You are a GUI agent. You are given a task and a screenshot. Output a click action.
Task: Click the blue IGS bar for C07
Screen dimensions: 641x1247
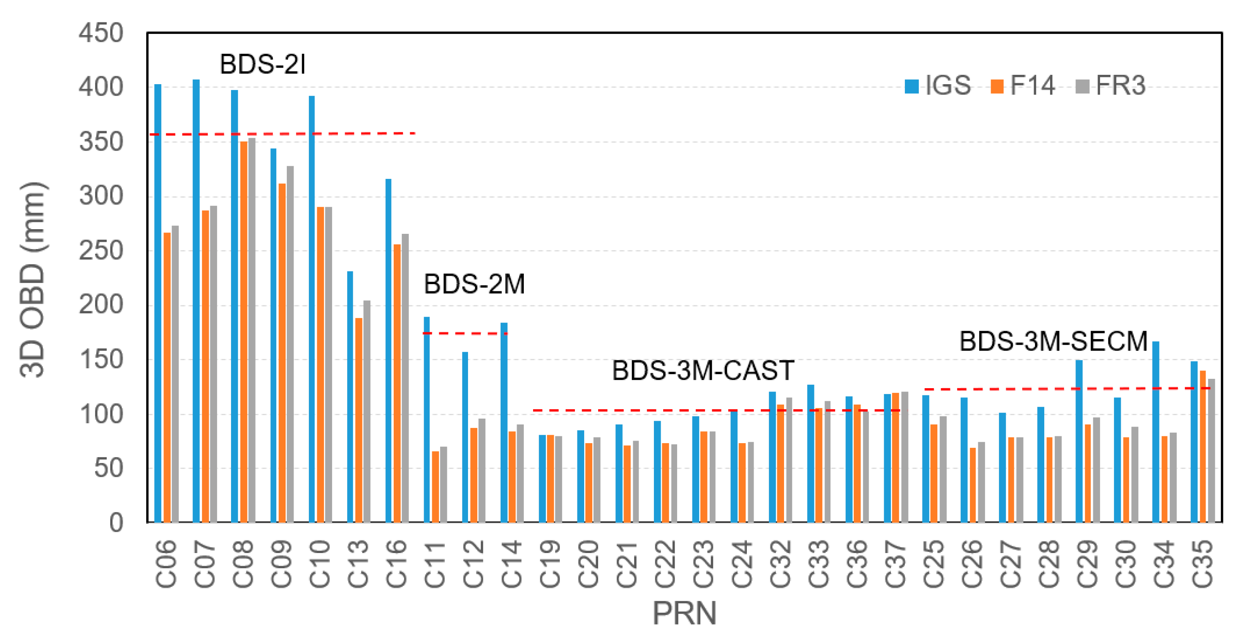[x=196, y=300]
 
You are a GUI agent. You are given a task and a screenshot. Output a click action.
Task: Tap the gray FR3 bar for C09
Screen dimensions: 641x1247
[x=290, y=344]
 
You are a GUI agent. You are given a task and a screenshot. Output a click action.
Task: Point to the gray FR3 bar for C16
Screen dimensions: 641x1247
[x=405, y=378]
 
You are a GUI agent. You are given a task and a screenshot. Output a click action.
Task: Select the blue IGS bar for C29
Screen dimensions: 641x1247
[x=1079, y=441]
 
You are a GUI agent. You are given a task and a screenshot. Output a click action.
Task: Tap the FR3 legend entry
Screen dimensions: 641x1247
[x=1111, y=86]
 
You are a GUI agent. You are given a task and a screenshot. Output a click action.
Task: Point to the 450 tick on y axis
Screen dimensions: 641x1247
[x=101, y=33]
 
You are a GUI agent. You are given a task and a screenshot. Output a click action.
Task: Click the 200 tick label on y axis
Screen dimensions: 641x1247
[x=101, y=305]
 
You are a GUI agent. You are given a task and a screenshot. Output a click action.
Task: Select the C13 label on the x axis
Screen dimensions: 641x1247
[x=358, y=564]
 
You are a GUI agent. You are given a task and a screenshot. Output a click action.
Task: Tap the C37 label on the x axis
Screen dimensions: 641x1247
[x=896, y=564]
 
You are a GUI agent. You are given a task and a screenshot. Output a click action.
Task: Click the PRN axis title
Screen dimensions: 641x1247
[x=684, y=614]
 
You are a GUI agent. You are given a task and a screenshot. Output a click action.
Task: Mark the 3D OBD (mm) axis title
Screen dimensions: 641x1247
[x=33, y=279]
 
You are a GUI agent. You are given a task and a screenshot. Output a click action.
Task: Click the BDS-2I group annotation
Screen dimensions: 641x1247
[x=262, y=64]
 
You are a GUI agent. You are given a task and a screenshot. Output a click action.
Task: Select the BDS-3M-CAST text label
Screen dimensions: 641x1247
[x=703, y=371]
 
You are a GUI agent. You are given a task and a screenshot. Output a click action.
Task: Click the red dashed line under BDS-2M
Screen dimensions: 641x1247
[x=465, y=333]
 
